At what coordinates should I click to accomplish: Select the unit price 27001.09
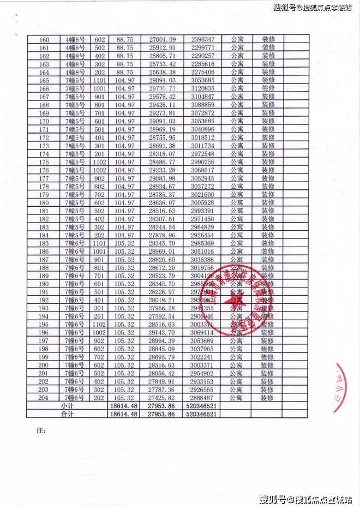(162, 40)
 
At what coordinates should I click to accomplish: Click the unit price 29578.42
(162, 97)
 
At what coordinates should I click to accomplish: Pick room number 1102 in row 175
(99, 162)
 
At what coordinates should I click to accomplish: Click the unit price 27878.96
(162, 235)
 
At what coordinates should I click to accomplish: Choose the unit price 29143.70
(162, 333)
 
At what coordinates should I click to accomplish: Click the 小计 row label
(67, 406)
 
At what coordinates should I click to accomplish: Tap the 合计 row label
(67, 415)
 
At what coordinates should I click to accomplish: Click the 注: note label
(39, 431)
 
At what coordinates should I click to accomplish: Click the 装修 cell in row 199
(267, 357)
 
